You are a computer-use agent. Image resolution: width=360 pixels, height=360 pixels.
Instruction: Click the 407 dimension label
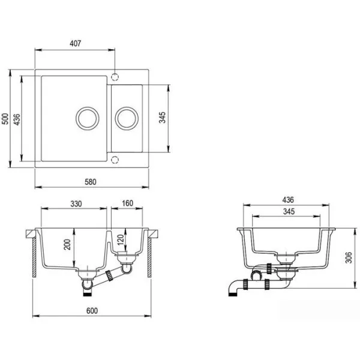tap(76, 43)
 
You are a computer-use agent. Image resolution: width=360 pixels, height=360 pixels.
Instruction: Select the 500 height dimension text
tap(5, 119)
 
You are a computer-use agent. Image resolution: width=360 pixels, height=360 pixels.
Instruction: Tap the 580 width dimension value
tap(91, 182)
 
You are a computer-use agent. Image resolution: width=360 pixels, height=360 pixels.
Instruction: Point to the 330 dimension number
tap(76, 204)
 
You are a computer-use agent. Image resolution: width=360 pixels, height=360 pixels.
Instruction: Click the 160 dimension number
tap(127, 203)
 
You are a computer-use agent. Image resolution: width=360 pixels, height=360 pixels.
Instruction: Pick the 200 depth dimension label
tap(67, 245)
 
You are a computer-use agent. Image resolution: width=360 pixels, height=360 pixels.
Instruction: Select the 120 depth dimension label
tap(121, 239)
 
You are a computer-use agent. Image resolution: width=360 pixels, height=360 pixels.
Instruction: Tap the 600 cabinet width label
tap(92, 311)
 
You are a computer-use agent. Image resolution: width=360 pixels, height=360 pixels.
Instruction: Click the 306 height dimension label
tap(349, 257)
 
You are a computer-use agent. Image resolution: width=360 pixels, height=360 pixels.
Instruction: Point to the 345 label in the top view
tap(163, 118)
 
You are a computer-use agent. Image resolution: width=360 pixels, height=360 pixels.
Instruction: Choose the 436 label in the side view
tap(288, 200)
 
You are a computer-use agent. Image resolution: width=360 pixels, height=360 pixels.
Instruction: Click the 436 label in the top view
tap(17, 119)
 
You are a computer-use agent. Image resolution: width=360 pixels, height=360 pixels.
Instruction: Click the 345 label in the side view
tap(289, 211)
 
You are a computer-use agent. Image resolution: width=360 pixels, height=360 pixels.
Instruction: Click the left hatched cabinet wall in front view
tap(34, 257)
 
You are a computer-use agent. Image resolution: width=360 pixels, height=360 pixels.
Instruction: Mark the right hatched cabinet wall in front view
tap(149, 257)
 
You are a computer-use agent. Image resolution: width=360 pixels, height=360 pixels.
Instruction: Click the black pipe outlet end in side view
tap(233, 294)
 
